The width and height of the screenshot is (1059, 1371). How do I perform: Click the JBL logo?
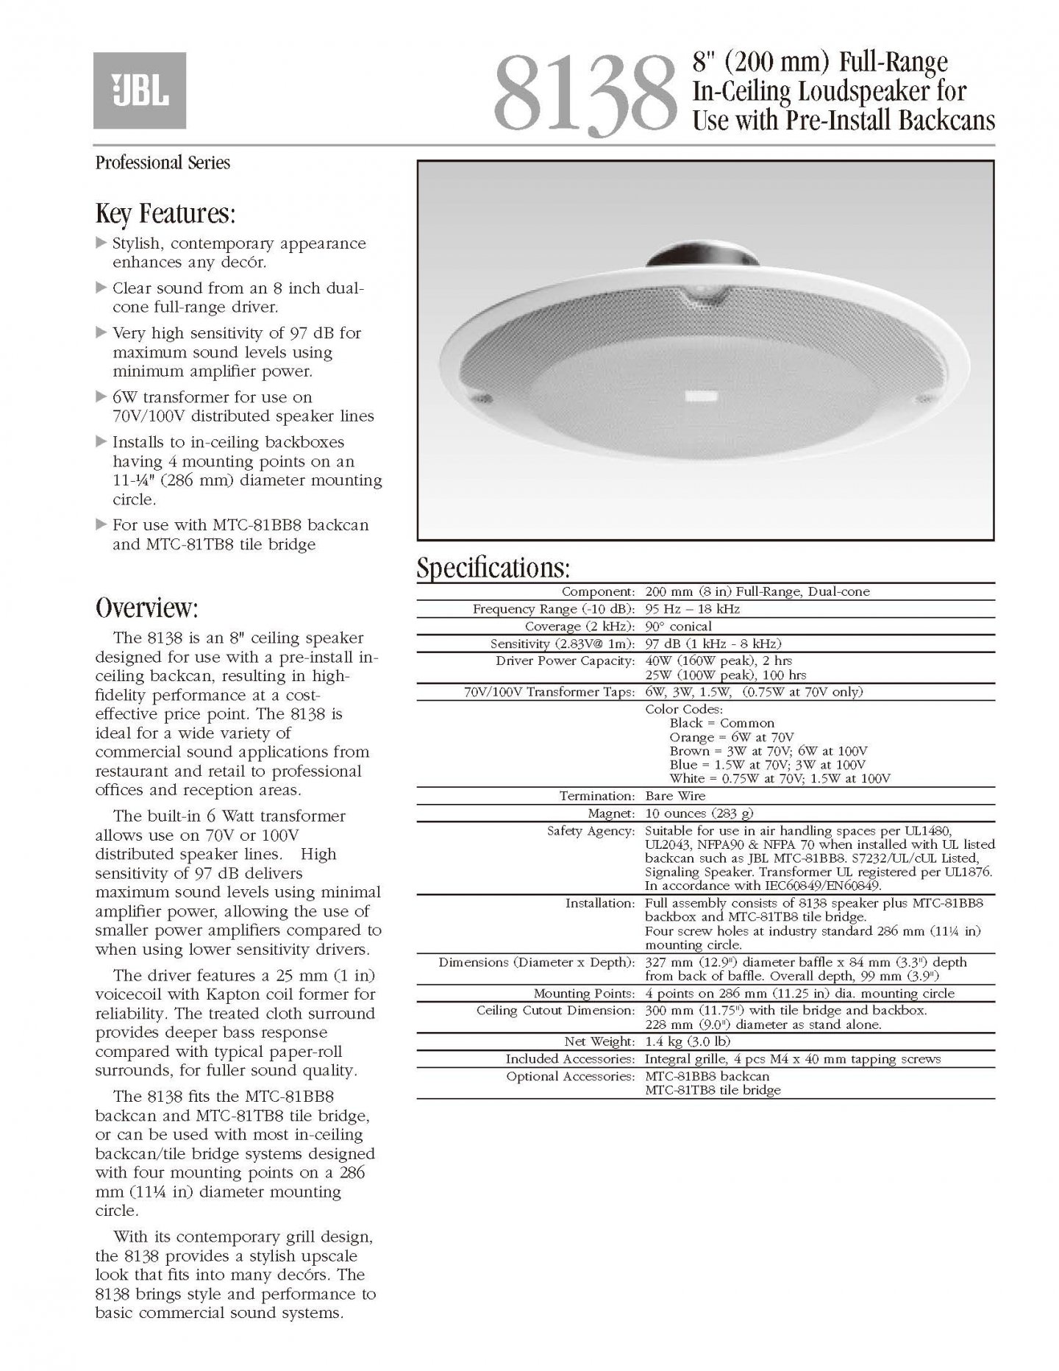(140, 90)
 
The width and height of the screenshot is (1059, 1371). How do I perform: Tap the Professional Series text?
(163, 163)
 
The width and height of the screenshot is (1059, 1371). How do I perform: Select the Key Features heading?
(165, 214)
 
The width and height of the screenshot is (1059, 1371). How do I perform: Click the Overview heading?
(146, 608)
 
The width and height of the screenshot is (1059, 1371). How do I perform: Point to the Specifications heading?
(493, 569)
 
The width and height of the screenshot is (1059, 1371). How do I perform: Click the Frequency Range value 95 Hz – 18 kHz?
(692, 609)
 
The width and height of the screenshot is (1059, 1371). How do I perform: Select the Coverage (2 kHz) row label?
(580, 627)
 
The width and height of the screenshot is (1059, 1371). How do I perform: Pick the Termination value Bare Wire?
(675, 796)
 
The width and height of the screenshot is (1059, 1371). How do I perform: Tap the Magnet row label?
(611, 813)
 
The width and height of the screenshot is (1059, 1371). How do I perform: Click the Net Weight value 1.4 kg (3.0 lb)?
(688, 1041)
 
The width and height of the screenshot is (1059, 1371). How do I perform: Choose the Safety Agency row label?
(591, 831)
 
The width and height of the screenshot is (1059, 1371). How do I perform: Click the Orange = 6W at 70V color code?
(732, 737)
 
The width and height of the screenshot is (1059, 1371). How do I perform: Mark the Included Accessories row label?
(570, 1059)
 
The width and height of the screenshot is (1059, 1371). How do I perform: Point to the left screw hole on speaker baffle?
(484, 399)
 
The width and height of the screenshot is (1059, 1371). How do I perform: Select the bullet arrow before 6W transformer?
(101, 397)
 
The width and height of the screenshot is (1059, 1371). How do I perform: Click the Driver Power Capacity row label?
(565, 660)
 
